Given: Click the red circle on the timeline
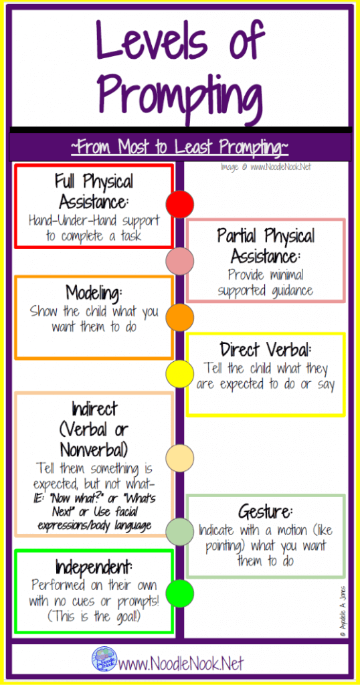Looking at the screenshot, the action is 179,203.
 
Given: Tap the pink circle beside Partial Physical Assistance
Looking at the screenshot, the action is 179,261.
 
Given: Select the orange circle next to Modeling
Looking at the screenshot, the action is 179,318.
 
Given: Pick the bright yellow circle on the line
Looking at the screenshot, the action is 179,374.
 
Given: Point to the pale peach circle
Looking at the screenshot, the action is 179,458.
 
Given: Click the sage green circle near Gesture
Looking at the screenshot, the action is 179,532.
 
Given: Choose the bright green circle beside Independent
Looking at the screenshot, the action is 179,593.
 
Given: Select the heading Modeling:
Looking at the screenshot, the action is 94,292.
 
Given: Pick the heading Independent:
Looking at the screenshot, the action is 94,567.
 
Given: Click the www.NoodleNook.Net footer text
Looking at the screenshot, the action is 181,663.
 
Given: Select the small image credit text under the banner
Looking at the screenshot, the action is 266,167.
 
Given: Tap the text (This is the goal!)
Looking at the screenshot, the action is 94,617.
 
